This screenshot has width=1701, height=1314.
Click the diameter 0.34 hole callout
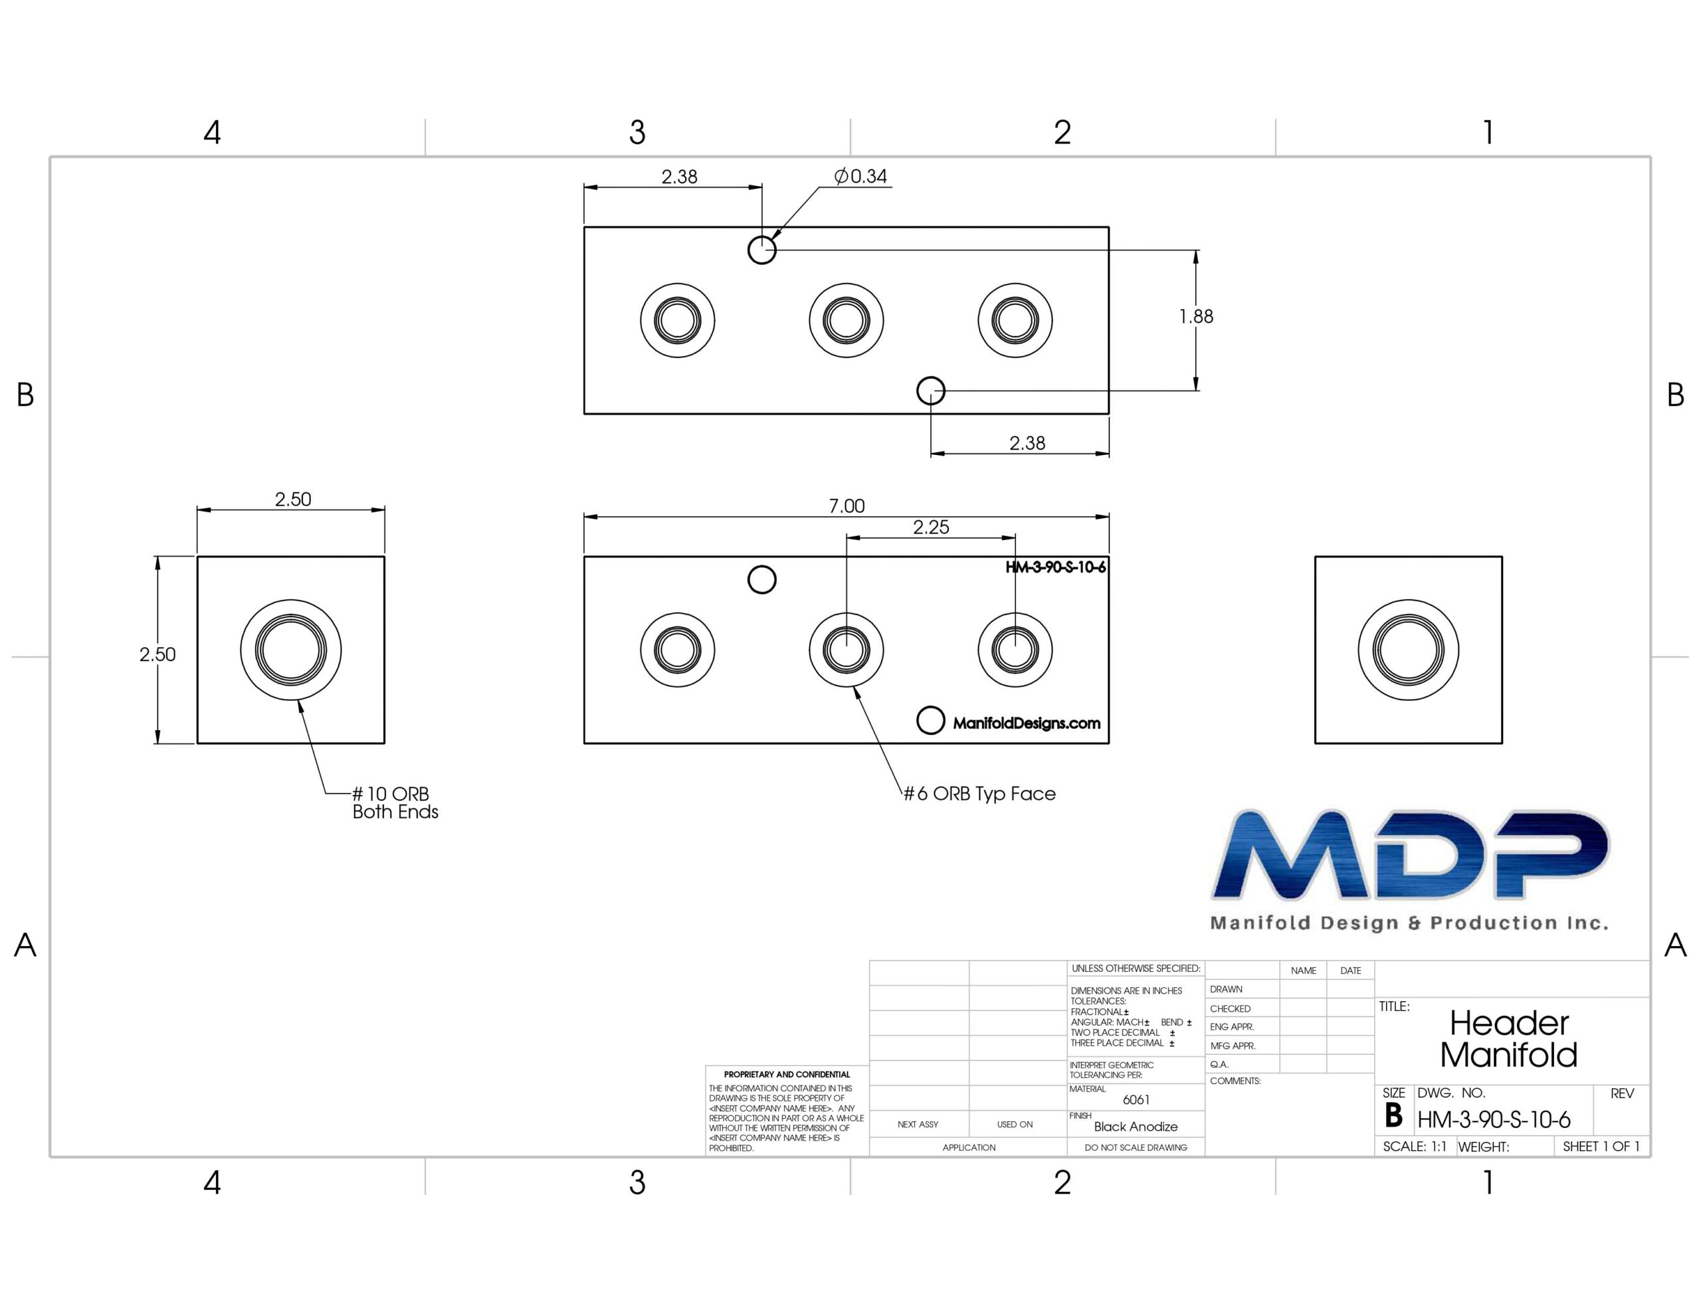[860, 176]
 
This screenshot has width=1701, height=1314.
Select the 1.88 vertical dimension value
[1195, 316]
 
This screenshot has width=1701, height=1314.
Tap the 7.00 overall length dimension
[847, 506]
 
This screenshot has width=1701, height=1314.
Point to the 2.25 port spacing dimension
[931, 527]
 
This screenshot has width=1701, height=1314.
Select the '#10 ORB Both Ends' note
[395, 802]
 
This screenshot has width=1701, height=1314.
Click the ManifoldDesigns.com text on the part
[1027, 723]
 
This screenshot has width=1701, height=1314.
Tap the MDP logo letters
[1410, 854]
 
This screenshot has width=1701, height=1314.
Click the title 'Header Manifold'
[1508, 1039]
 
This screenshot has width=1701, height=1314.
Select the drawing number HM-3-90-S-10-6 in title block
[1494, 1119]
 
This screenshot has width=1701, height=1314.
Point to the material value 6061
[1136, 1100]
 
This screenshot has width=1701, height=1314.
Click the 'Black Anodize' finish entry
[1136, 1126]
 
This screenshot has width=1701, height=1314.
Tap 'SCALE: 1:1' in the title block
[1415, 1147]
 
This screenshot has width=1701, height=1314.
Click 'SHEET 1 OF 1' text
[1601, 1147]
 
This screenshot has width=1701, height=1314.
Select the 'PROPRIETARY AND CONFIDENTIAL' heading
[787, 1074]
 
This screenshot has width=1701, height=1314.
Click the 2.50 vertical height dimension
[157, 654]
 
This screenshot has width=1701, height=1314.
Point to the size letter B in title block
[1393, 1115]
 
